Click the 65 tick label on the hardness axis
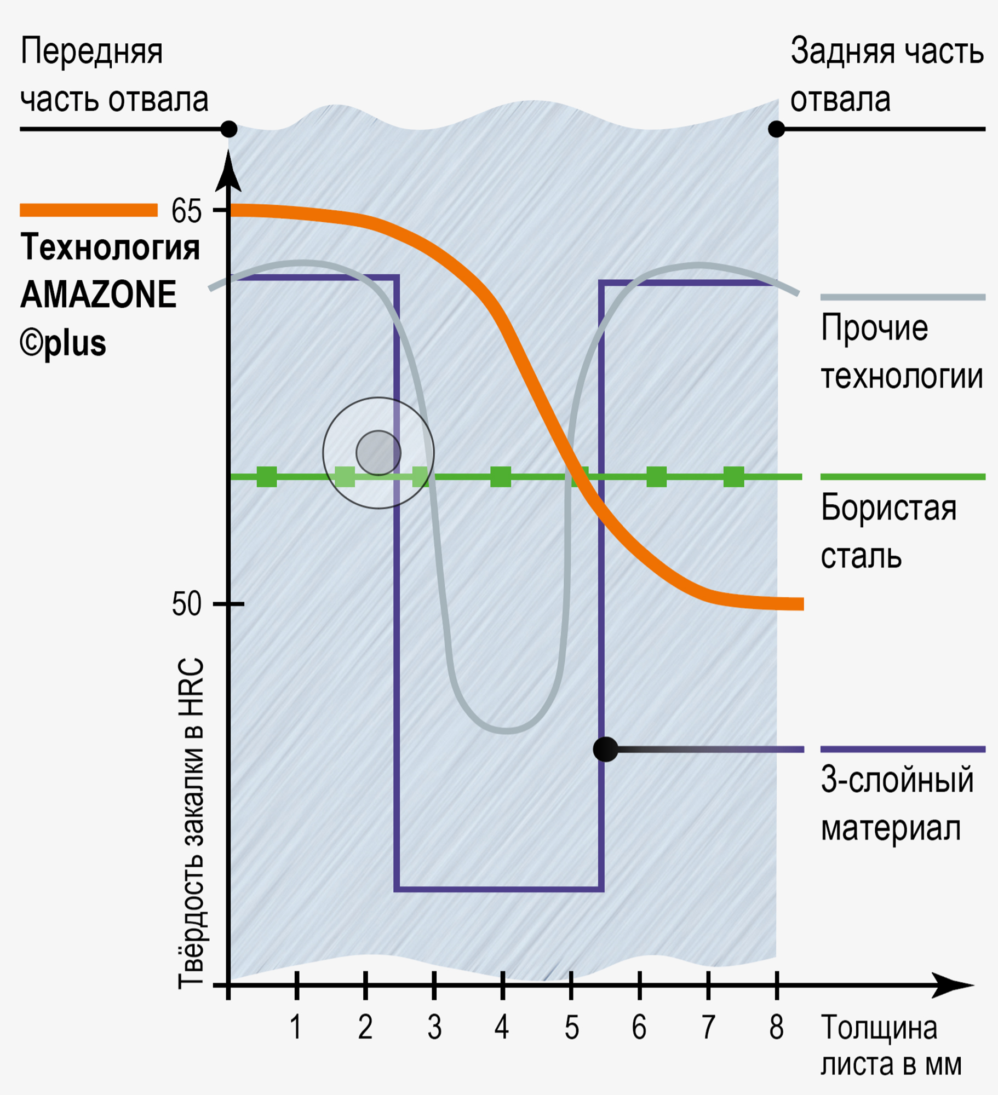pyautogui.click(x=186, y=211)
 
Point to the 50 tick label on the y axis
pyautogui.click(x=187, y=604)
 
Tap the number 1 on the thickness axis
pyautogui.click(x=296, y=1027)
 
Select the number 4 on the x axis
pyautogui.click(x=502, y=1027)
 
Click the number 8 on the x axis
pyautogui.click(x=776, y=1027)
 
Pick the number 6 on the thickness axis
pyautogui.click(x=639, y=1027)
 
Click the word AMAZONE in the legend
pyautogui.click(x=99, y=295)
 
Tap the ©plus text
pyautogui.click(x=63, y=343)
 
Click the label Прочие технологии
pyautogui.click(x=901, y=352)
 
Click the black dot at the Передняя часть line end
pyautogui.click(x=229, y=130)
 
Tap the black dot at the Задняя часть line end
pyautogui.click(x=776, y=130)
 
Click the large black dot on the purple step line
pyautogui.click(x=605, y=749)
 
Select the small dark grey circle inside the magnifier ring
pyautogui.click(x=378, y=453)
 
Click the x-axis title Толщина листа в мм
pyautogui.click(x=890, y=1046)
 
